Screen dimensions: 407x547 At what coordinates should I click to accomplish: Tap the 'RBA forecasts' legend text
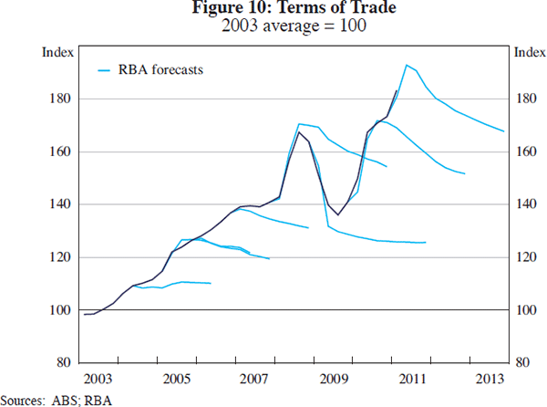pos(160,68)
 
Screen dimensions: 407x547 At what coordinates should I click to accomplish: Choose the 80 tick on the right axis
pos(522,363)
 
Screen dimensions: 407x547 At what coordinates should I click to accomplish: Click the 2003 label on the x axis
pos(98,378)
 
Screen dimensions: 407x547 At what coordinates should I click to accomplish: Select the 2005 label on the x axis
pos(176,378)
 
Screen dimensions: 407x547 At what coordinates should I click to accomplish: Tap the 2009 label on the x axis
pos(335,378)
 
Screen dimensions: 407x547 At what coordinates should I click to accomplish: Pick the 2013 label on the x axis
pos(492,378)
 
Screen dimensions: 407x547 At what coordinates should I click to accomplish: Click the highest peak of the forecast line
pos(406,65)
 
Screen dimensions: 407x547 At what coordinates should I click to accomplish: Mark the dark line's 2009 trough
pos(338,214)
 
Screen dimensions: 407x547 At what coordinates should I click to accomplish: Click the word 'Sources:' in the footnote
pos(24,399)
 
